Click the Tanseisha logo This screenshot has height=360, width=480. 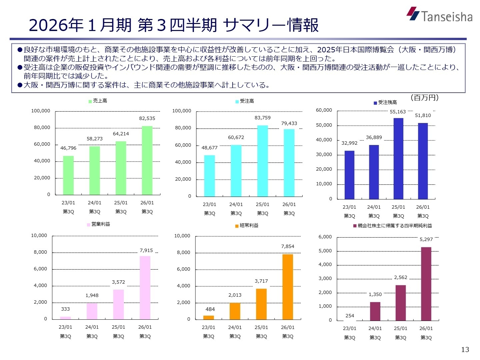(x=439, y=15)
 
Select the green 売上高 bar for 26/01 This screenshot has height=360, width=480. (x=147, y=160)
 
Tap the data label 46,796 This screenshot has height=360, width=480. (x=68, y=148)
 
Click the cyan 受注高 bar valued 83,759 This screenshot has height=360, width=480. (x=262, y=161)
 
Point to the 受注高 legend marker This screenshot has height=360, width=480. (x=237, y=101)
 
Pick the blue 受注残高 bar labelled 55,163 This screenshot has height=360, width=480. (x=398, y=159)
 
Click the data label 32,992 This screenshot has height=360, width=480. (x=349, y=143)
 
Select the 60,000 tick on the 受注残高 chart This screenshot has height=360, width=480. (x=324, y=110)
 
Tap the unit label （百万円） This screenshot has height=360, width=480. (x=424, y=98)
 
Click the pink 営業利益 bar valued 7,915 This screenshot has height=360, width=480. (x=145, y=288)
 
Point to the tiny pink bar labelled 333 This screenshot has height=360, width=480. (x=65, y=318)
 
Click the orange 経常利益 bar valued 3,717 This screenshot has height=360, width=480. (x=261, y=304)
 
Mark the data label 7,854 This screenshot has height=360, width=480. (x=288, y=246)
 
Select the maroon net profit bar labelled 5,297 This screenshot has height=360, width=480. (x=426, y=284)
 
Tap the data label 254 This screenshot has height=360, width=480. (x=350, y=316)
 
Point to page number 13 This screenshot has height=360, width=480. (x=465, y=349)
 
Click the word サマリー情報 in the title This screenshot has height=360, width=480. (x=271, y=25)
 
